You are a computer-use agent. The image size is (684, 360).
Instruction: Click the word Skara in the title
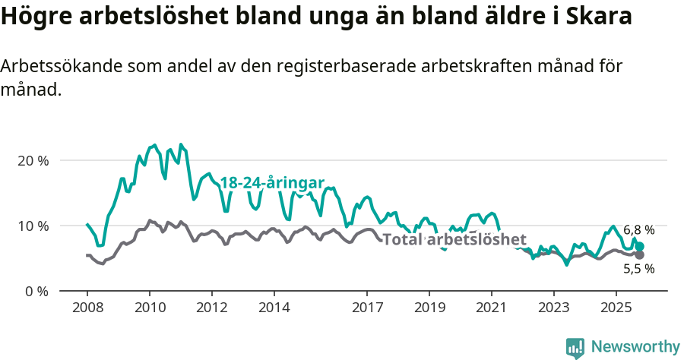pyautogui.click(x=597, y=17)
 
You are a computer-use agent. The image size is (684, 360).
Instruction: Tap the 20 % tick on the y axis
pyautogui.click(x=33, y=160)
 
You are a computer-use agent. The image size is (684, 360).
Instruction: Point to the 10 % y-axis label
pyautogui.click(x=33, y=226)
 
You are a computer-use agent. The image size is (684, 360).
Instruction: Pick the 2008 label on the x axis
pyautogui.click(x=87, y=308)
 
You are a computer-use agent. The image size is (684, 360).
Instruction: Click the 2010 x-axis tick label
pyautogui.click(x=149, y=308)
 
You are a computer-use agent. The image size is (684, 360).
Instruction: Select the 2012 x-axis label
pyautogui.click(x=211, y=308)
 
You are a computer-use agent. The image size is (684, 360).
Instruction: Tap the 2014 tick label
pyautogui.click(x=274, y=308)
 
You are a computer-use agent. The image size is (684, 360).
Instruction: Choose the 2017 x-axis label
pyautogui.click(x=367, y=308)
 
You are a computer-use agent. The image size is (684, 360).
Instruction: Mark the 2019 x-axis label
pyautogui.click(x=429, y=308)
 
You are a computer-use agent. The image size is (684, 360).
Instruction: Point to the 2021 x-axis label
pyautogui.click(x=491, y=308)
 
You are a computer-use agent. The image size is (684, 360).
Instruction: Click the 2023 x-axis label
pyautogui.click(x=553, y=308)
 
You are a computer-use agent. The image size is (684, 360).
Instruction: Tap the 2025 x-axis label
pyautogui.click(x=616, y=308)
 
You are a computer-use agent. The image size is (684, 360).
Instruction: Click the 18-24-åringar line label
pyautogui.click(x=272, y=183)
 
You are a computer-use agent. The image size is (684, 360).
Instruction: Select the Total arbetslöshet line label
pyautogui.click(x=454, y=240)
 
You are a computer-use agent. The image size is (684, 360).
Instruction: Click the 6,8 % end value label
pyautogui.click(x=638, y=229)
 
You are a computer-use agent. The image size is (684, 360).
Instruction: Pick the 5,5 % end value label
pyautogui.click(x=638, y=268)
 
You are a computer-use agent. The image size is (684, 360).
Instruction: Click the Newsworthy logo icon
pyautogui.click(x=575, y=348)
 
